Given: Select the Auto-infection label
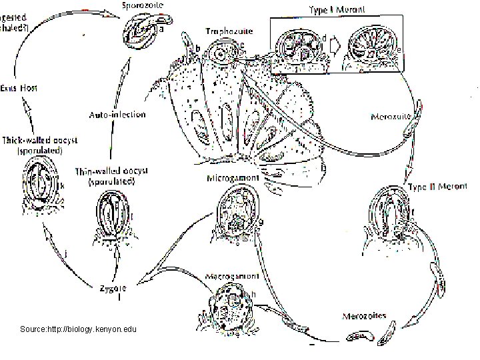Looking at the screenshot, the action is tap(117, 115).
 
